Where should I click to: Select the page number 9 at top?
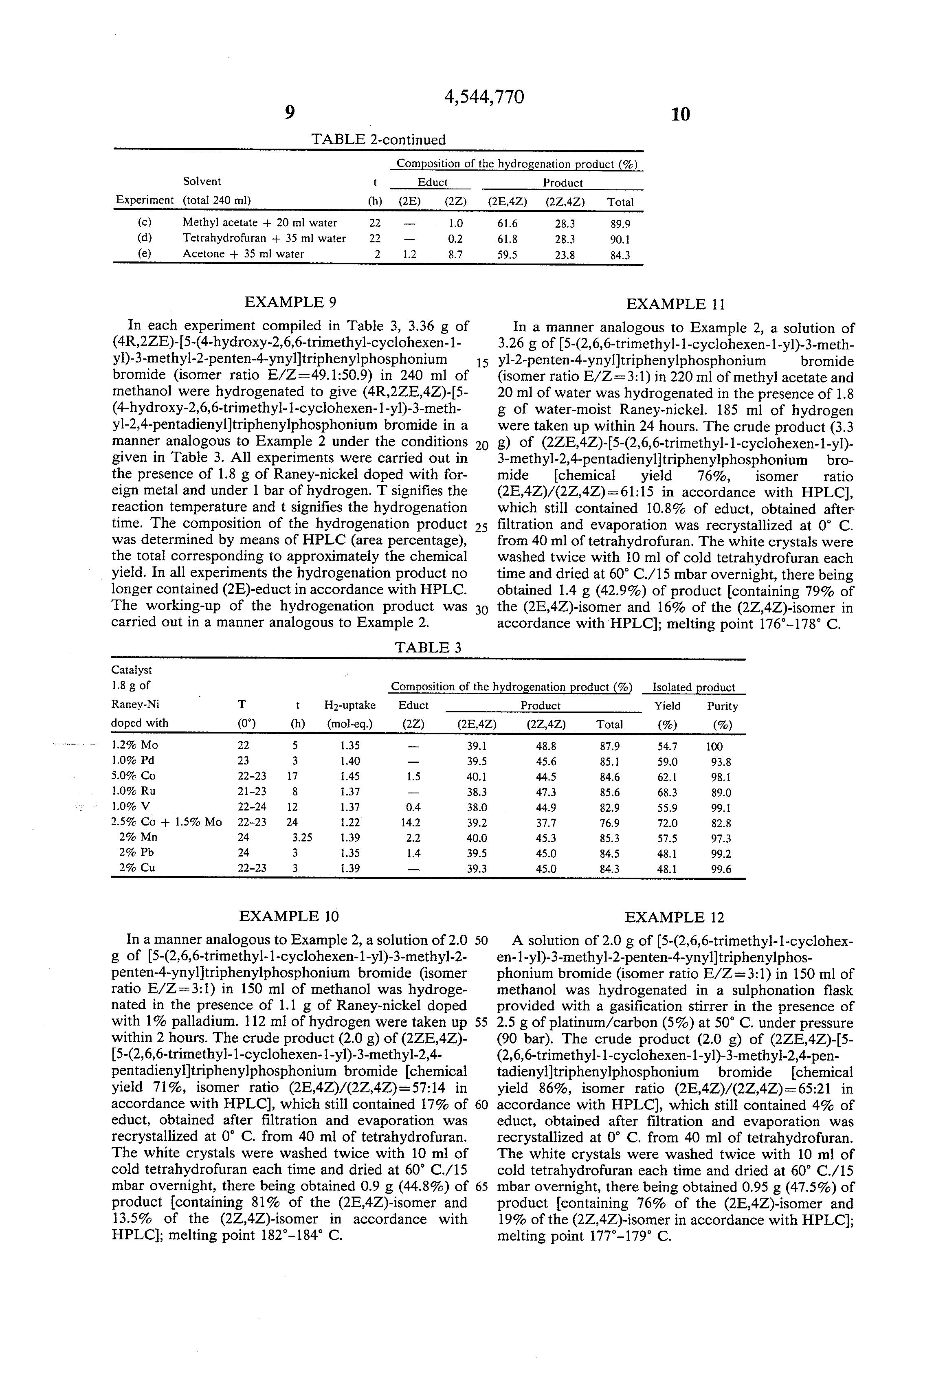[290, 113]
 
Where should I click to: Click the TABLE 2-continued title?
[378, 140]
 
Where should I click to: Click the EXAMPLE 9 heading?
[290, 302]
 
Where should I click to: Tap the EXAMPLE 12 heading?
[675, 917]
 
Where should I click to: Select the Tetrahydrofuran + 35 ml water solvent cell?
[264, 238]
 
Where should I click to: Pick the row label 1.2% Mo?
[135, 745]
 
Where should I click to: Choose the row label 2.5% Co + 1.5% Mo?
[167, 822]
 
